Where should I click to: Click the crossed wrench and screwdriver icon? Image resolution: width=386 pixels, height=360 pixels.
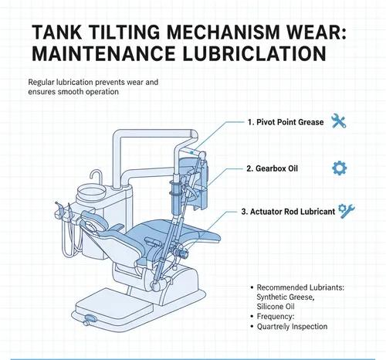coord(337,121)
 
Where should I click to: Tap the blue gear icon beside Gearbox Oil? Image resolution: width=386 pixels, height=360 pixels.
coord(337,168)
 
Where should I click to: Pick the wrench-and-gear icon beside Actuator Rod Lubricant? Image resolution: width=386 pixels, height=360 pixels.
coord(347,210)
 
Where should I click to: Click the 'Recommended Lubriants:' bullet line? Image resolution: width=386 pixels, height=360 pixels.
coord(299,287)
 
